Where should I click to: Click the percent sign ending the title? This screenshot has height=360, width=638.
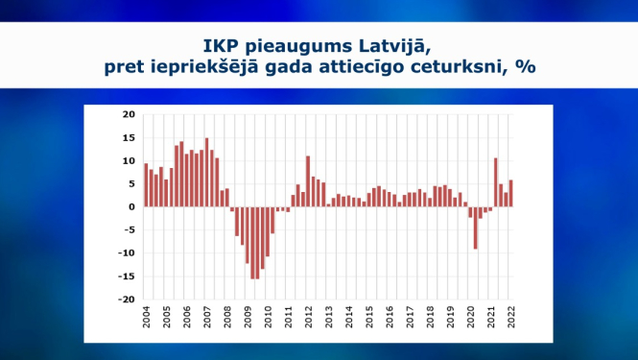coord(527,68)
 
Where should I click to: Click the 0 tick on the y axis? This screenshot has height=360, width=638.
coord(132,206)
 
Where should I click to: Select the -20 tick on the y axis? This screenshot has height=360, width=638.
coord(127,299)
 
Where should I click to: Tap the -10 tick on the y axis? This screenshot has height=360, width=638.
coord(127,252)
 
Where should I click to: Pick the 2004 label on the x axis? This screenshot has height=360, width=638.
coord(147,319)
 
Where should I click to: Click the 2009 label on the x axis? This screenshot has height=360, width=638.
coord(248,319)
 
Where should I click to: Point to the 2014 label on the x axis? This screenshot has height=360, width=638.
coord(348,319)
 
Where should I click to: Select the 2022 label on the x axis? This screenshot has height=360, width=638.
coord(509,319)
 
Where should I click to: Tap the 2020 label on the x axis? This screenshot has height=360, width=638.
coord(469,319)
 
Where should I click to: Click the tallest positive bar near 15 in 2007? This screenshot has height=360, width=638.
coord(206,173)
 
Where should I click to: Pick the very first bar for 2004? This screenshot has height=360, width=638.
coord(146,185)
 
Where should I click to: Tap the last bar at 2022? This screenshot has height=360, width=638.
coord(510,193)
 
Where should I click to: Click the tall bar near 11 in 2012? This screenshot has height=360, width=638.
coord(308,181)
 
